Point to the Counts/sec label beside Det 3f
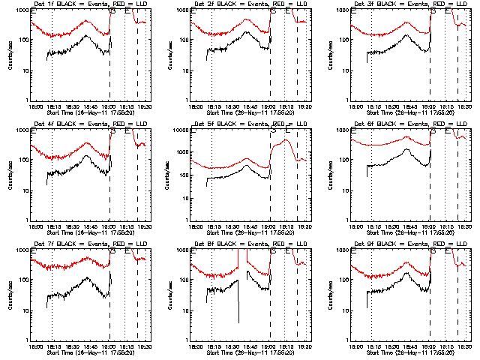click(331, 54)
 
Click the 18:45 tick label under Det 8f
click(250, 346)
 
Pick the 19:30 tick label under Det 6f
click(465, 226)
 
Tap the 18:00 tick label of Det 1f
click(34, 106)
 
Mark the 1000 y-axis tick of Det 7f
click(24, 250)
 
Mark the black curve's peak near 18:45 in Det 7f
click(87, 278)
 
